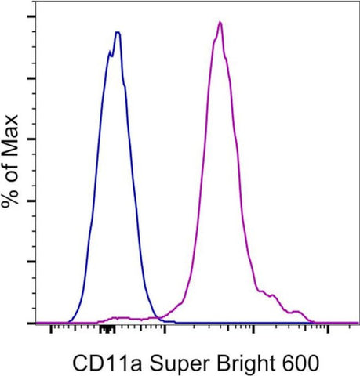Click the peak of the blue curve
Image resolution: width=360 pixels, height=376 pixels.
[117, 33]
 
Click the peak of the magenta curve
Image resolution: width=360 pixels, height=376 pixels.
[220, 22]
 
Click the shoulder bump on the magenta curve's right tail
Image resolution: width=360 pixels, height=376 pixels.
[271, 295]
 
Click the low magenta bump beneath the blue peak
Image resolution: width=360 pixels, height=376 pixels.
[118, 317]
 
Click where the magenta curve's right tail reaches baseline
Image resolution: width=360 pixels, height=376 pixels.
[312, 321]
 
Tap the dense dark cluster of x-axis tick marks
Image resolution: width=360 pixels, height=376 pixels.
[107, 331]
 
